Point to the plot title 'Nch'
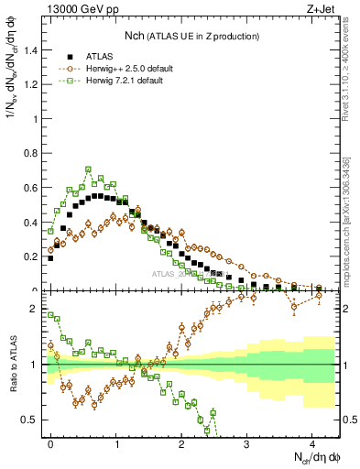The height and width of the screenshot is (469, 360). [136, 35]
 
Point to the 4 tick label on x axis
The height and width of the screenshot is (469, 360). [312, 442]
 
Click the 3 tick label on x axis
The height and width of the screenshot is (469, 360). [247, 442]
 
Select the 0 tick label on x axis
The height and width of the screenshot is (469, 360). [51, 442]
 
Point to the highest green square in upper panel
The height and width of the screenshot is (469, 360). [88, 169]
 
